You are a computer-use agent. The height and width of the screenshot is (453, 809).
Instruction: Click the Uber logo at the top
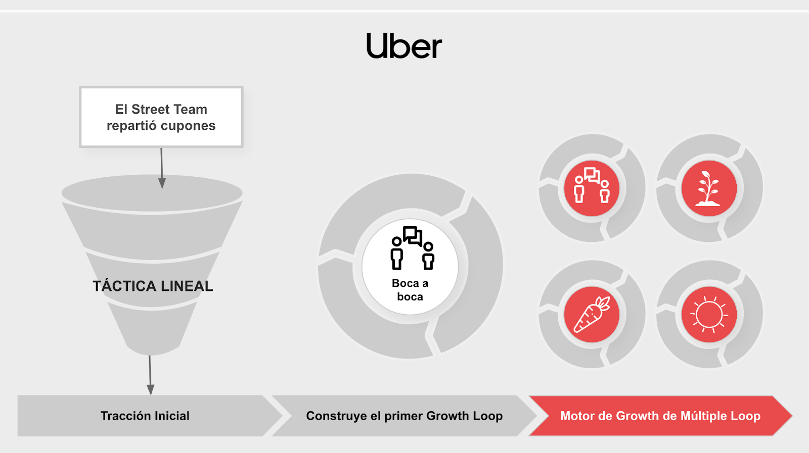404,46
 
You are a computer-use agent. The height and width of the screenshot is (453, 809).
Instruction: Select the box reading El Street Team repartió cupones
161,117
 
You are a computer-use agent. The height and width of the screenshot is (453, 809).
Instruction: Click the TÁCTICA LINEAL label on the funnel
153,286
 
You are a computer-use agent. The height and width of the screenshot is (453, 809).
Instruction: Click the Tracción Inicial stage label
145,416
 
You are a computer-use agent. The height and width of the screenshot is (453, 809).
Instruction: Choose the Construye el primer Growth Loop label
404,416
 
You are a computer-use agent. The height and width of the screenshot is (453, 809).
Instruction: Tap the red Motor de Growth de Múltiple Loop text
660,416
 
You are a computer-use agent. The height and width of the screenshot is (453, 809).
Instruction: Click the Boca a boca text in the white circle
410,290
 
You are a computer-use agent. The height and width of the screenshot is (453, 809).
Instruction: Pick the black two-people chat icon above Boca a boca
412,248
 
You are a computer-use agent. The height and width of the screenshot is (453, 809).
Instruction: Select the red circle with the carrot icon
592,315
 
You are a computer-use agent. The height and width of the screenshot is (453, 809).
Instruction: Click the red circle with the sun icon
709,315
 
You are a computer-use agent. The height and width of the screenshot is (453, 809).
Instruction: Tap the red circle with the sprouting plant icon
709,188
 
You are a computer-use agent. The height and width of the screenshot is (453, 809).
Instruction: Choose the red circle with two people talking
592,188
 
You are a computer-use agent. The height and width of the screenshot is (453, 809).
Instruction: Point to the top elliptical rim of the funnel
152,193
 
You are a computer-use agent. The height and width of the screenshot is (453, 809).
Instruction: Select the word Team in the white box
191,110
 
